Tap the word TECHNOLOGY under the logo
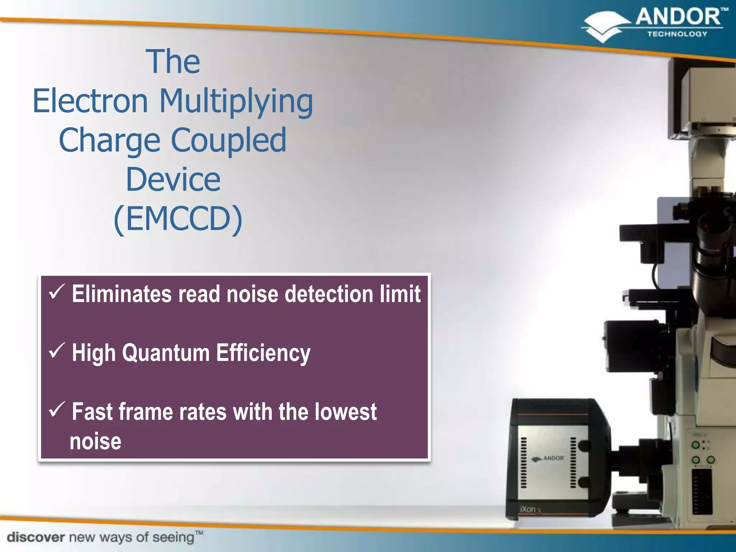tap(677, 34)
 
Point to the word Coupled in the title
tap(229, 141)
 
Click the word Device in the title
tap(173, 179)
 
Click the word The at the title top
tap(173, 62)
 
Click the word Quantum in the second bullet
tap(166, 353)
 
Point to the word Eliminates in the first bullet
tap(122, 294)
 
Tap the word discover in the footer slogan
tap(36, 537)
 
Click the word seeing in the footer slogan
tap(173, 538)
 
